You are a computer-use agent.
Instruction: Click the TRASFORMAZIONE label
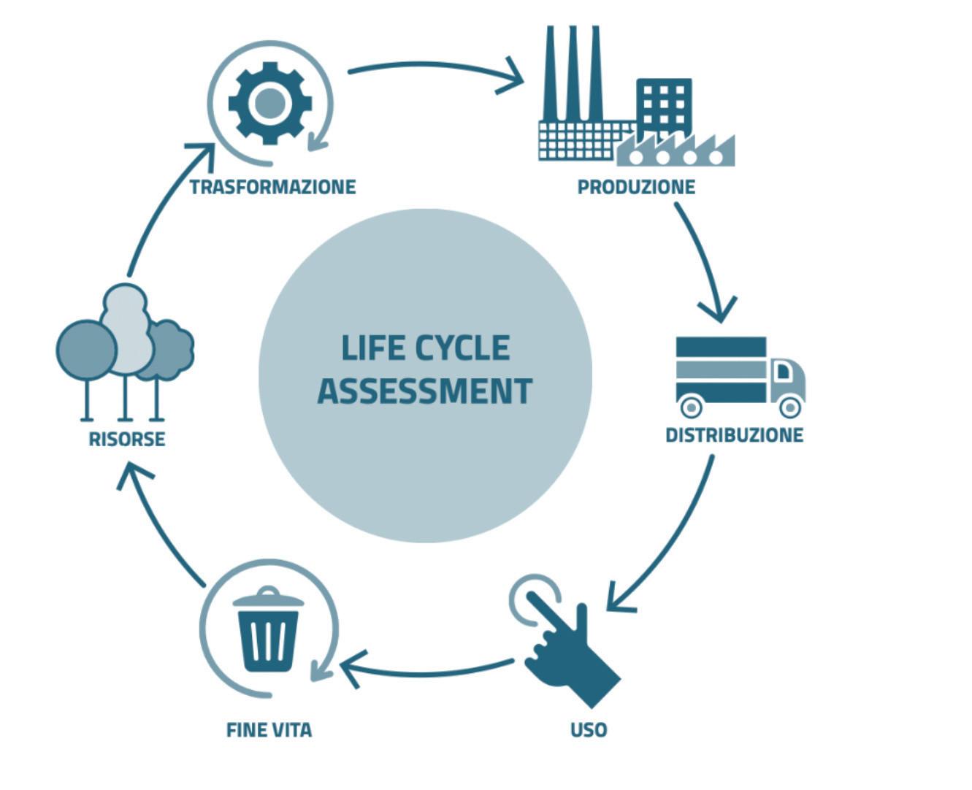pos(272,187)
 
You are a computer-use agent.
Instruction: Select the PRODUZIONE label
pos(636,187)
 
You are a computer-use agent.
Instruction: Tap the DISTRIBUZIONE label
pos(734,435)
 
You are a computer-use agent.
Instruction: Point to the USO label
pos(589,729)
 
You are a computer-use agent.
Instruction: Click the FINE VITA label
pos(269,729)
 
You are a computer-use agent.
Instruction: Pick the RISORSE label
pos(127,440)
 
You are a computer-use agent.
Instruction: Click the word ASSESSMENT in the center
pos(425,391)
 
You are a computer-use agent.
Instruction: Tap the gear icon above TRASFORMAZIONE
pos(269,103)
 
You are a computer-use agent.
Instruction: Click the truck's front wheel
pos(789,405)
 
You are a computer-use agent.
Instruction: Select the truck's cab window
pos(783,372)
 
